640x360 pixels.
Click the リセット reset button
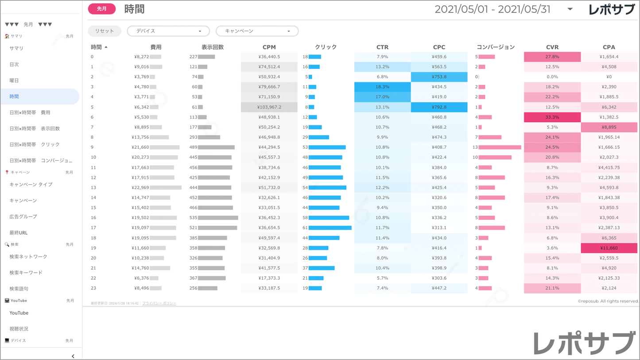(104, 31)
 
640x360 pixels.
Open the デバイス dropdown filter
(168, 31)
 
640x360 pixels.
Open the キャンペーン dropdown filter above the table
(257, 31)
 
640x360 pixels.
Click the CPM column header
(269, 47)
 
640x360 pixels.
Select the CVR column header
(552, 47)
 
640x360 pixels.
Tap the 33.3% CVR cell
(552, 117)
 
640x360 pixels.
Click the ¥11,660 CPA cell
(609, 248)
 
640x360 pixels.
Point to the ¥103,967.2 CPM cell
(269, 107)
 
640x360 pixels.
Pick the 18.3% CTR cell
(382, 87)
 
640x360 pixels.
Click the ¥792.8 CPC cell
(439, 107)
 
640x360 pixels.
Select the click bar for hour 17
(330, 228)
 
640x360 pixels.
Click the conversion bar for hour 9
(500, 147)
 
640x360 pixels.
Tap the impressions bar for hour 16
(218, 218)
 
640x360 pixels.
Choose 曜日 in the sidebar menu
(14, 81)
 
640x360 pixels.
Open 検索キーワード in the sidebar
(26, 273)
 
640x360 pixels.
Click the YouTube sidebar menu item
(19, 313)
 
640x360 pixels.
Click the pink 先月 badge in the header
(102, 9)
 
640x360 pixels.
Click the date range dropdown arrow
(570, 9)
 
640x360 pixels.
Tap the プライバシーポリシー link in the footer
(159, 303)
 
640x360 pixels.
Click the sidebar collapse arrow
(73, 356)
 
